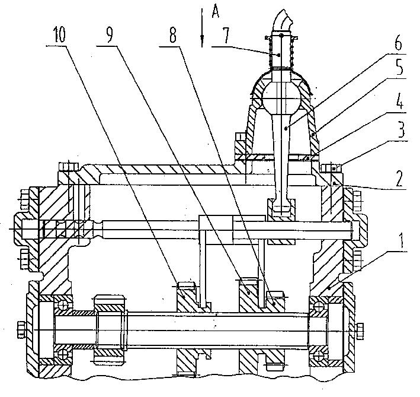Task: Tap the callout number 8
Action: [x=172, y=35]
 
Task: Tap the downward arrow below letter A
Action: [x=202, y=36]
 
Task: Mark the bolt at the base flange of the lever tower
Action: [x=239, y=142]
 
